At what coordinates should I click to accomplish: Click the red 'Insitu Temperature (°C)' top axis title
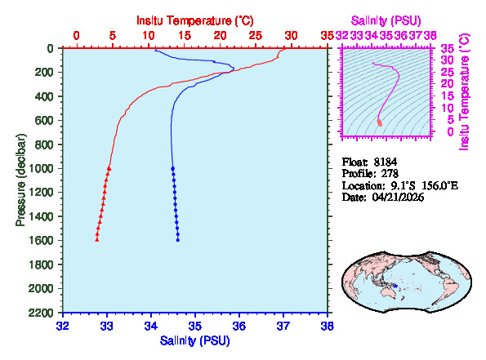(194, 19)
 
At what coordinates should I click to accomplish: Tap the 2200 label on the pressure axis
(44, 313)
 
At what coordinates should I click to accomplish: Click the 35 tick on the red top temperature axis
(328, 35)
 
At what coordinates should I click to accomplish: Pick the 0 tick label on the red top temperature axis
(77, 35)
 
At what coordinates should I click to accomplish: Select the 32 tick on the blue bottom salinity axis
(63, 325)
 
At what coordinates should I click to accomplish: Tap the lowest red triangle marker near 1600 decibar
(97, 239)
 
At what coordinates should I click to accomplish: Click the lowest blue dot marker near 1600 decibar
(178, 239)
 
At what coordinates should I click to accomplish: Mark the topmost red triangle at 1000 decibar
(109, 168)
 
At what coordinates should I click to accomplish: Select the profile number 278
(392, 173)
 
